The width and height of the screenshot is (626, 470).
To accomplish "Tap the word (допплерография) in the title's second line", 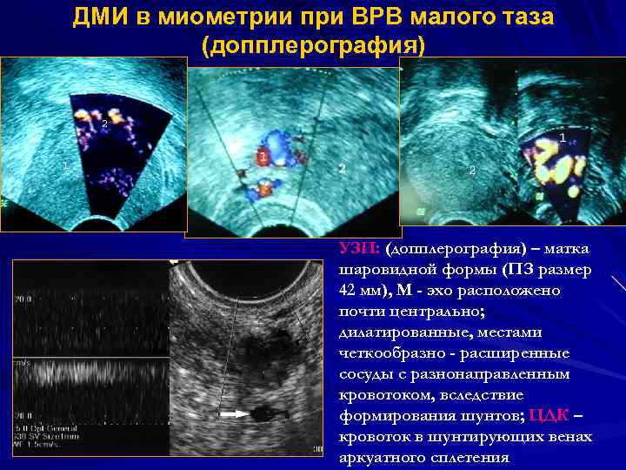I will tap(313, 45).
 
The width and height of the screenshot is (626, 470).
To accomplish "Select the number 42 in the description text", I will tap(350, 291).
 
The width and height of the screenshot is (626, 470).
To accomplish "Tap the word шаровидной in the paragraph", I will tap(383, 270).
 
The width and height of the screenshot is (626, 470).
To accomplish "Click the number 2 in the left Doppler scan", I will tap(104, 124).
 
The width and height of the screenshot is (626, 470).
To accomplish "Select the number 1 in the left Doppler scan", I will tap(64, 164).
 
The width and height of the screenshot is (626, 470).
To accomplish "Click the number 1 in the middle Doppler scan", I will tap(262, 157).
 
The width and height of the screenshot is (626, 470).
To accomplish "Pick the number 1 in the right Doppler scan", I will tap(563, 138).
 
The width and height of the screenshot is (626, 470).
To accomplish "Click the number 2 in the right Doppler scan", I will tap(472, 171).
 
